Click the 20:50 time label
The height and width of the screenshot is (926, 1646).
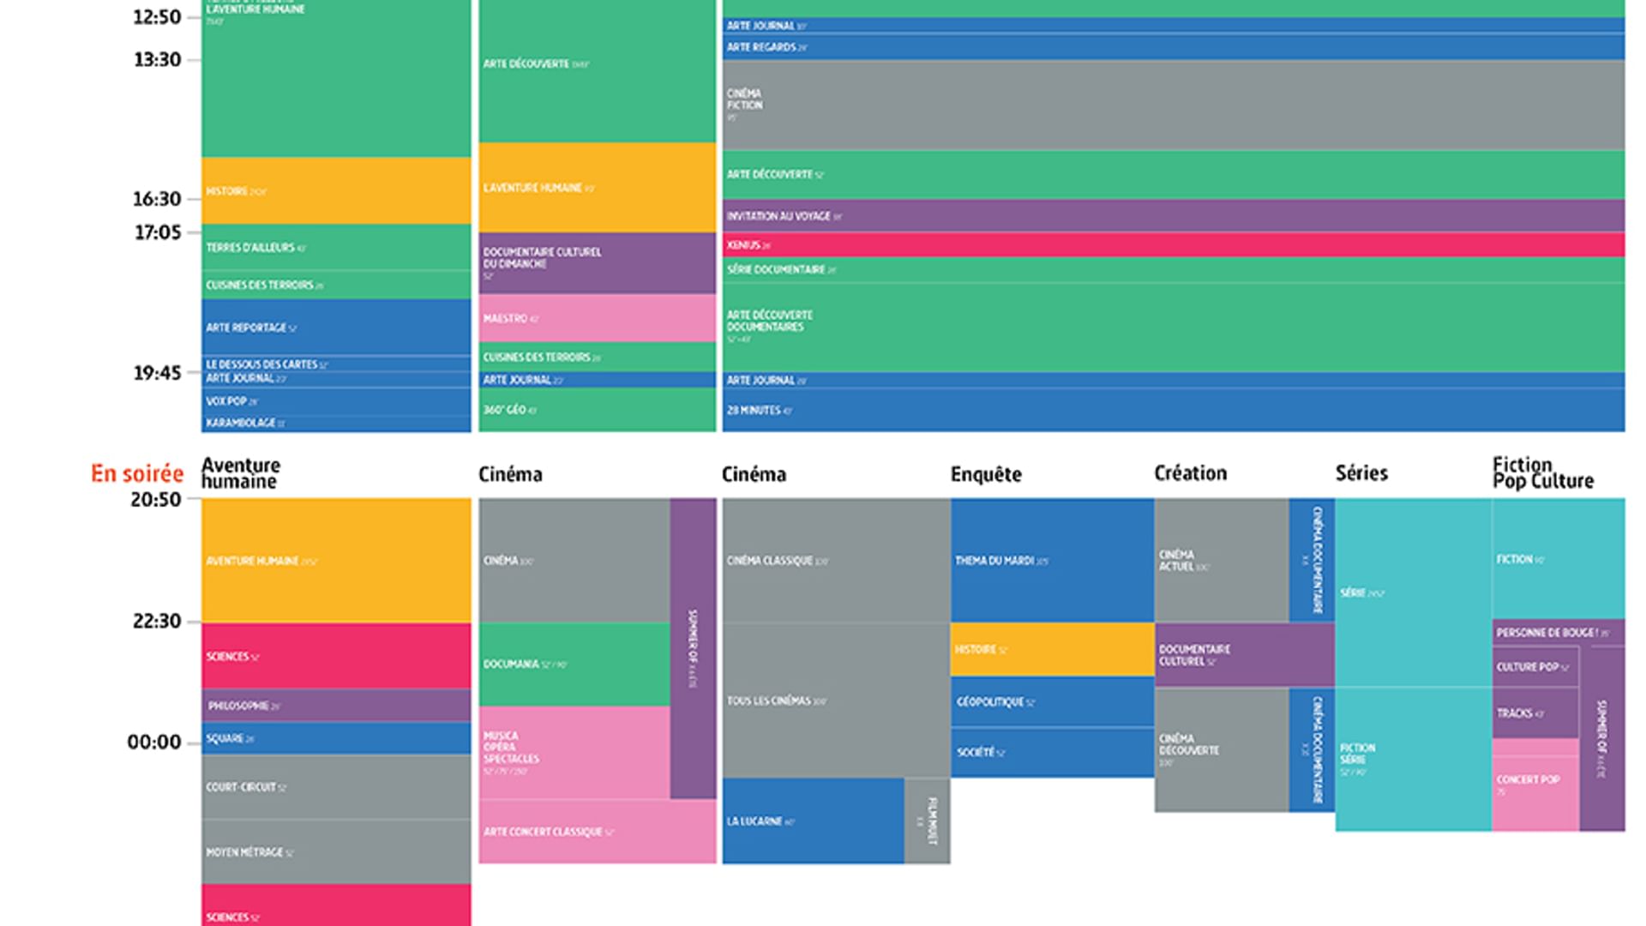(155, 500)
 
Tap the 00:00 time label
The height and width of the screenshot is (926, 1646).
(154, 743)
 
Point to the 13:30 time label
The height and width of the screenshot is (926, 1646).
(157, 60)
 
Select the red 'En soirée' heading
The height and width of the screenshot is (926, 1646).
(137, 474)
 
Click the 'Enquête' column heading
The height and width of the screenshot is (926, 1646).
(986, 475)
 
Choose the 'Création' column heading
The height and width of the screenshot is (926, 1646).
(1190, 473)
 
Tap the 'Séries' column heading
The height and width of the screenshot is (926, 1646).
(1361, 473)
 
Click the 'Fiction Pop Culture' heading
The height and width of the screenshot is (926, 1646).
(1542, 473)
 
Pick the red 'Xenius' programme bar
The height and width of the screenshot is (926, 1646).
(1173, 245)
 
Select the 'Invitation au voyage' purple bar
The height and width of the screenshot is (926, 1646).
(1173, 216)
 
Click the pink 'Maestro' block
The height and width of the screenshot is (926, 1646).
(597, 318)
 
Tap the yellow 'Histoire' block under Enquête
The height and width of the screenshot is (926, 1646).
(1052, 650)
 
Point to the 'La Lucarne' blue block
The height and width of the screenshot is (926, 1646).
(813, 821)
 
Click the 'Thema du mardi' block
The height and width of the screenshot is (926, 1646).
(1052, 561)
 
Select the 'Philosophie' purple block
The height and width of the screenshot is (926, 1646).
(336, 706)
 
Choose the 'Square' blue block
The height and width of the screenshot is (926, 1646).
(336, 738)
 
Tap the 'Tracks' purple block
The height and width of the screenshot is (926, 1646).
(1535, 713)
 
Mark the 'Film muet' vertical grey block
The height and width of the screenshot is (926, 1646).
(928, 821)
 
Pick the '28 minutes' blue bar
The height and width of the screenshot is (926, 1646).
(1173, 411)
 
